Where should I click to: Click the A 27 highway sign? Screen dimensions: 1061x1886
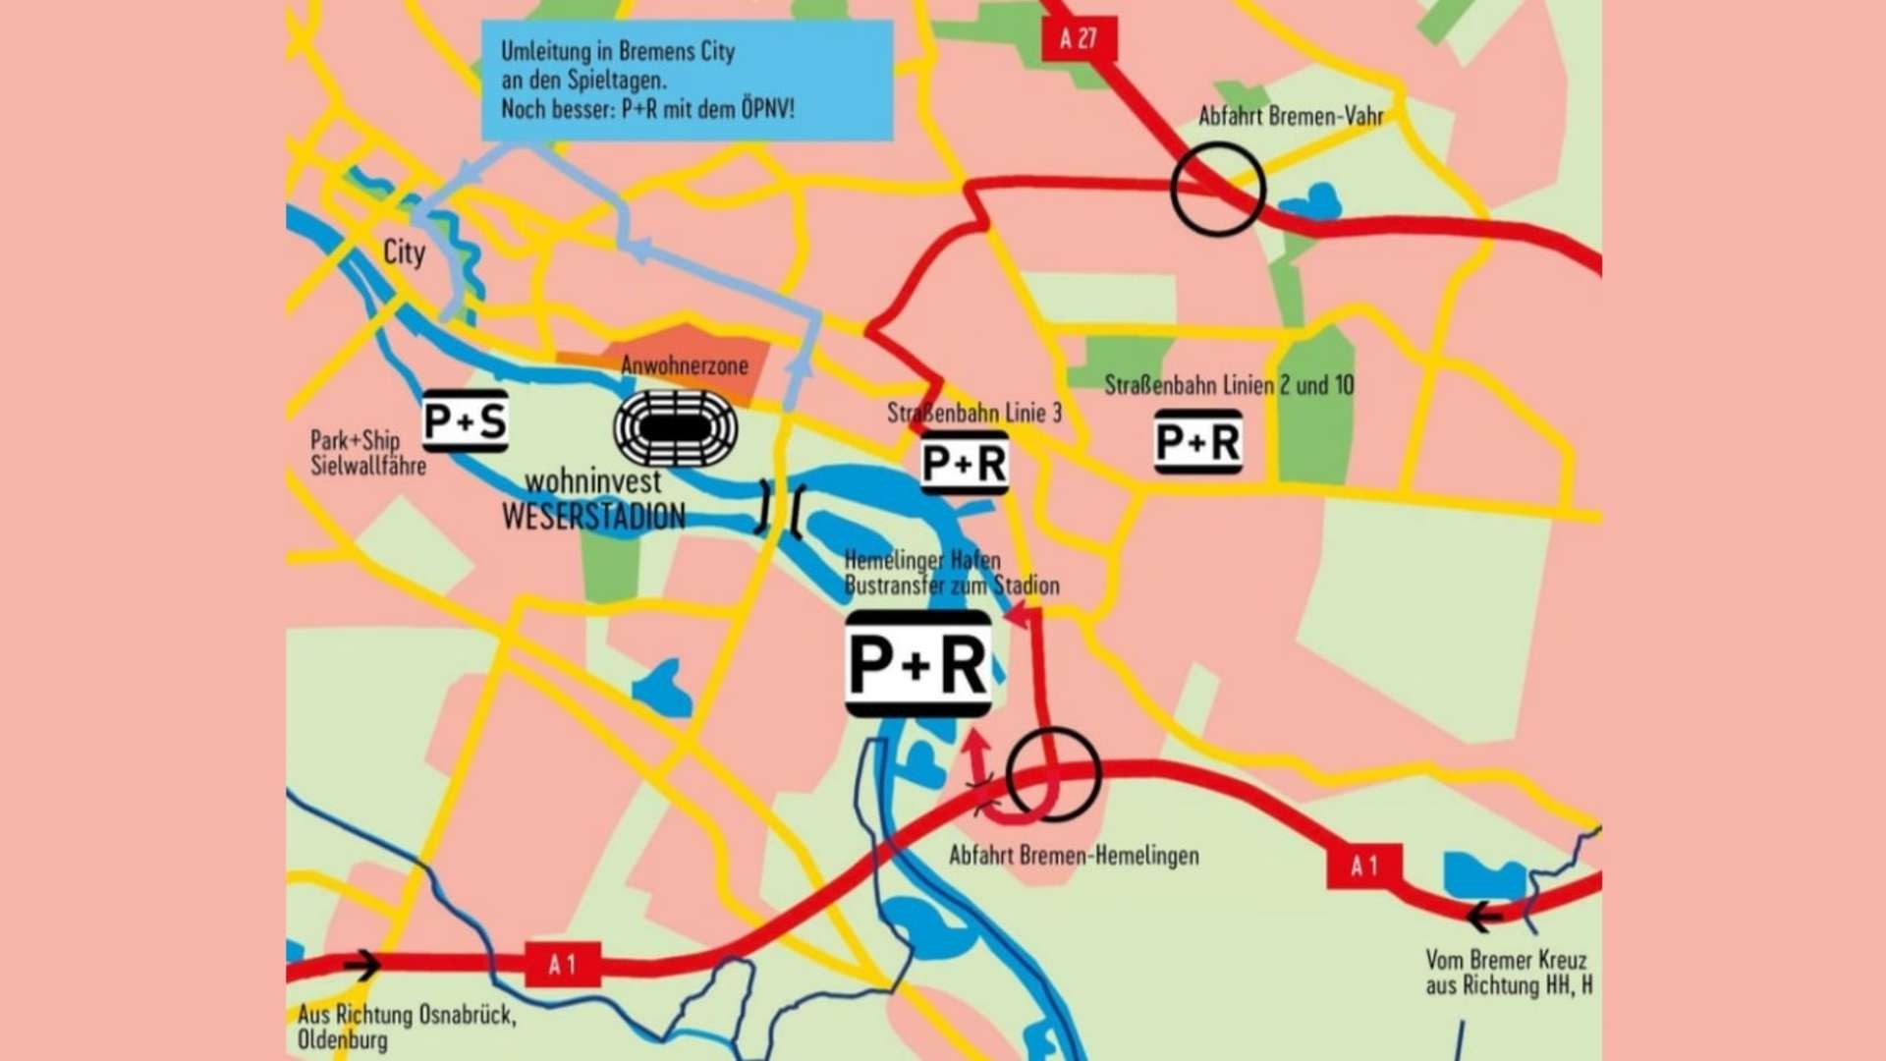point(1078,39)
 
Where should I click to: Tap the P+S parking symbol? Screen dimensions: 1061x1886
point(465,421)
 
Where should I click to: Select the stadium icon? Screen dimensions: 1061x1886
point(676,428)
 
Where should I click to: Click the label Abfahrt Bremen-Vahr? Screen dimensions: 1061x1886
point(1291,116)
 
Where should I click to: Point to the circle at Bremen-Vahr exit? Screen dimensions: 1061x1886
point(1217,190)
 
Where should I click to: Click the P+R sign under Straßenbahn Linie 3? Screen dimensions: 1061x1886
point(965,463)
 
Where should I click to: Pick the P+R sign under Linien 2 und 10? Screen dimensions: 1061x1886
point(1197,442)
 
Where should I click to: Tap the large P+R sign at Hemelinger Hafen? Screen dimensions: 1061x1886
point(918,663)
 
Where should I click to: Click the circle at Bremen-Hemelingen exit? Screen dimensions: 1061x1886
point(1053,774)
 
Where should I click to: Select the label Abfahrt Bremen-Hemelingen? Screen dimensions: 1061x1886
point(1074,856)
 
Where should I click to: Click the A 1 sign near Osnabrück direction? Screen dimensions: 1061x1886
point(562,965)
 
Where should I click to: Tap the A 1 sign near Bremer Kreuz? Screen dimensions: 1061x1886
point(1363,866)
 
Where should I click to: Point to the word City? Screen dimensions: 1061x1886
point(404,252)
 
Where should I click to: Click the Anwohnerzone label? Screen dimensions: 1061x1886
point(685,365)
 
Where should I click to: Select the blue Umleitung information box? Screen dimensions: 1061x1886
point(687,81)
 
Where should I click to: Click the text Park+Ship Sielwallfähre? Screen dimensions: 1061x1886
point(368,453)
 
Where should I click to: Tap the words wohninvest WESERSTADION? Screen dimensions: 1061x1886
point(593,499)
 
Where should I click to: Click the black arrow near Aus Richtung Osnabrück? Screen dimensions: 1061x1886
point(361,965)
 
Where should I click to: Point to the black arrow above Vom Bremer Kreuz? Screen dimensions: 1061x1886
point(1483,918)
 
